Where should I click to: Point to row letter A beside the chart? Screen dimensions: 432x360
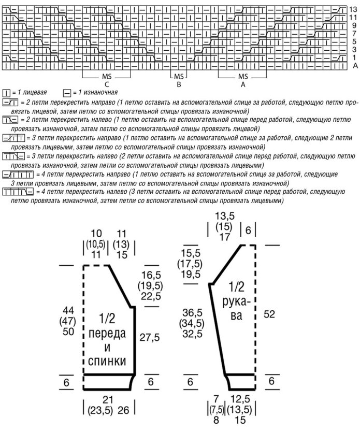pos(355,66)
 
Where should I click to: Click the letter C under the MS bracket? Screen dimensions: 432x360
pos(106,85)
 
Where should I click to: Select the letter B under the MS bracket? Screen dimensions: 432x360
pos(178,85)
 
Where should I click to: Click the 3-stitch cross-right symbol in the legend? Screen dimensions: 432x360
pos(13,138)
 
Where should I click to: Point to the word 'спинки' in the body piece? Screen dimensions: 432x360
pos(108,360)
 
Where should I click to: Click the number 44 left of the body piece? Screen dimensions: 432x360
pos(68,310)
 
